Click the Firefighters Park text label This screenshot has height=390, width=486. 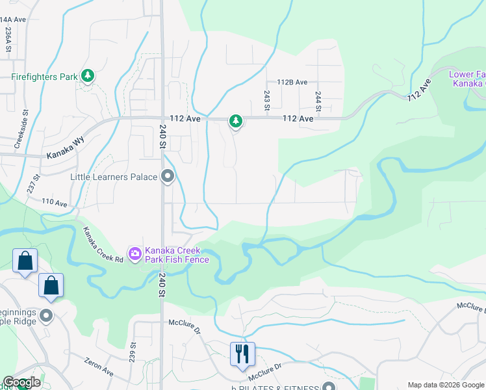tap(45, 77)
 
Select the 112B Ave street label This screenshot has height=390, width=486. tap(292, 83)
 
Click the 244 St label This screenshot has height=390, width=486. tap(318, 99)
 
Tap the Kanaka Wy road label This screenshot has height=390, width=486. tap(66, 156)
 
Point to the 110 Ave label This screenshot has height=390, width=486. tap(56, 203)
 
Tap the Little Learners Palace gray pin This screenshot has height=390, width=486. tap(168, 176)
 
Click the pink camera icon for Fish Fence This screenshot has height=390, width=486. tap(135, 254)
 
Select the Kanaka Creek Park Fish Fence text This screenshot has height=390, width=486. tap(177, 255)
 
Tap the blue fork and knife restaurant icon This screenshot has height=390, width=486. tap(242, 354)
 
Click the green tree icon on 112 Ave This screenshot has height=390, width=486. tap(236, 121)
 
